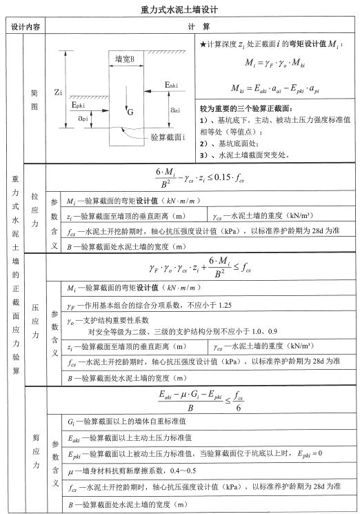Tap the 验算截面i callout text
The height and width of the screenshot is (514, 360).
click(168, 137)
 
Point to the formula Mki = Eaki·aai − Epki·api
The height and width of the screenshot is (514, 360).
click(275, 90)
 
